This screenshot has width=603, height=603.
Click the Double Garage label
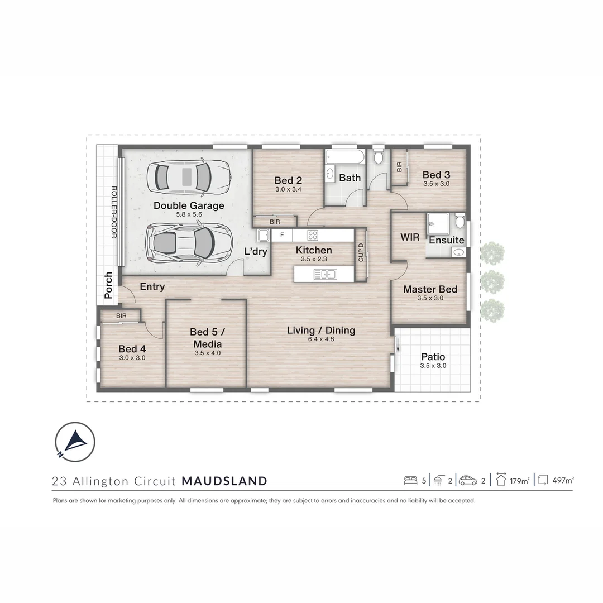189,205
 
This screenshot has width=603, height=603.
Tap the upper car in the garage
189,177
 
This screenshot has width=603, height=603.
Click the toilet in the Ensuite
459,221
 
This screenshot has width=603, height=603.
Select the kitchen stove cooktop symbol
313,236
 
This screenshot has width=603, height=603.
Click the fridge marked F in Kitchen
282,236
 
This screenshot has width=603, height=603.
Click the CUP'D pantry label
361,253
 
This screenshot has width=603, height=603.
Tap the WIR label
410,237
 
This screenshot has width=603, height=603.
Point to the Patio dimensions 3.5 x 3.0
433,366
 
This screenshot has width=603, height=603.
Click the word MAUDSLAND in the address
224,481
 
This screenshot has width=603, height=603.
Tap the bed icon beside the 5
410,480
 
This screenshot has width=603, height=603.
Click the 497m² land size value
562,480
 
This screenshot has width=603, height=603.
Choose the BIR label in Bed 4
121,316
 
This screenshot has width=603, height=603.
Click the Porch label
108,285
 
